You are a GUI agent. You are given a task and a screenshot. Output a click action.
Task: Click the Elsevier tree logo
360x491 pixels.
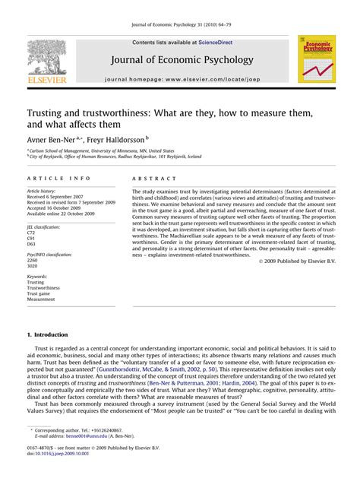tap(46, 59)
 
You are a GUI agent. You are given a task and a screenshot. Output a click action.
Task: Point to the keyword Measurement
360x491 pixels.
tap(43, 299)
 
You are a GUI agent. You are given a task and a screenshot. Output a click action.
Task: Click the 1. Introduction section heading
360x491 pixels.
tap(47, 334)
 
